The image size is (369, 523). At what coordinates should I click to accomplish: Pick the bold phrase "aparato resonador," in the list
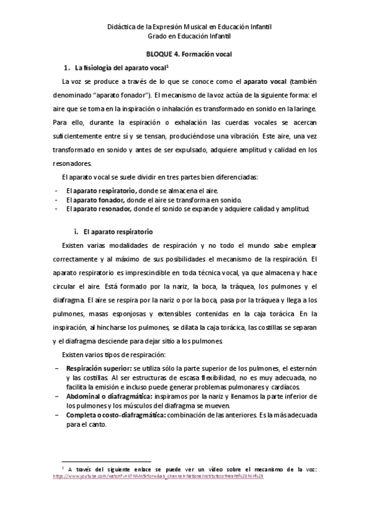tap(103, 209)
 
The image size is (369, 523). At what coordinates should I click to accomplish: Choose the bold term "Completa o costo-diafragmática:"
tap(115, 415)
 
